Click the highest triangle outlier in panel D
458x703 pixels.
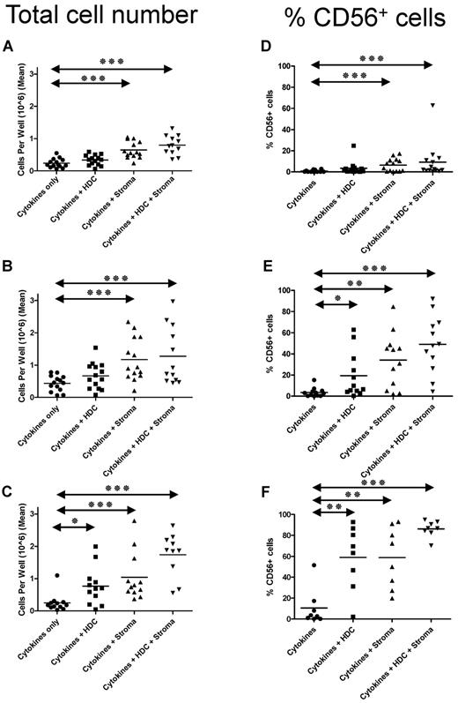pos(432,105)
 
